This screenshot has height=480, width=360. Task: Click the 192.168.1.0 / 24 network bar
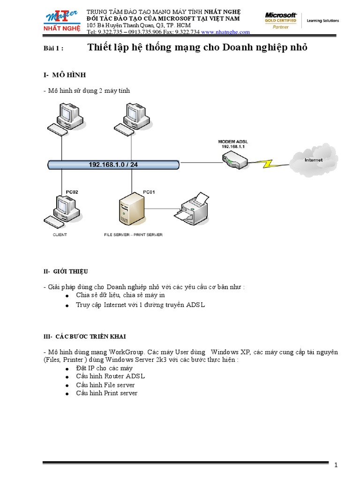click(x=113, y=165)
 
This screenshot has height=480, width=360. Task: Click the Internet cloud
click(x=314, y=158)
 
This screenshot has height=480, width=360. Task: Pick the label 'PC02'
click(x=72, y=192)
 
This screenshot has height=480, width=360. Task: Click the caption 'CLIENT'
click(x=60, y=235)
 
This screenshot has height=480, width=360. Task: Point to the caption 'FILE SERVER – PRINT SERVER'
click(x=133, y=235)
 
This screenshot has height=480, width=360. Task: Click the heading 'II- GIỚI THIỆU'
click(x=65, y=271)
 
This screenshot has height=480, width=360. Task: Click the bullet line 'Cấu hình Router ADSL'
click(x=111, y=376)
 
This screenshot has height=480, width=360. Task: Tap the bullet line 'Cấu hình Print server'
click(x=107, y=393)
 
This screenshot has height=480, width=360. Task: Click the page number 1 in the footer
click(x=336, y=465)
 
